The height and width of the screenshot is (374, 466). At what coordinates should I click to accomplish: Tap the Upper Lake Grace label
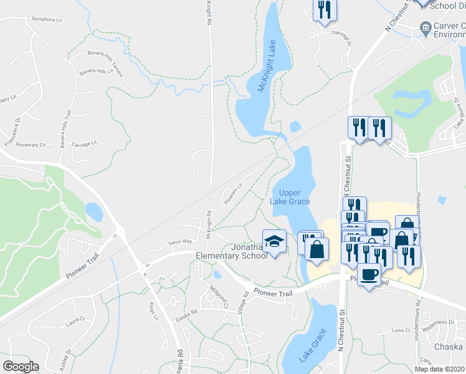coord(290,197)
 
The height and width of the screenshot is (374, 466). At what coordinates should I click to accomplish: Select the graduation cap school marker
coord(274,241)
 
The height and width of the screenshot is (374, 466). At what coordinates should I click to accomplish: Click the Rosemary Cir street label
coord(34,145)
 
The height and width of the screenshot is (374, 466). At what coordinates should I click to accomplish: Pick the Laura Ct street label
coord(74,324)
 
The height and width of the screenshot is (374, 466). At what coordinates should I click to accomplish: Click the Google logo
coord(21,367)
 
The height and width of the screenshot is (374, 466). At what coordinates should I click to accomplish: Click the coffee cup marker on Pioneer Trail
coord(369,274)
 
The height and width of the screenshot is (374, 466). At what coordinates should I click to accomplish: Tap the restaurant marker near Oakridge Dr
coord(324,9)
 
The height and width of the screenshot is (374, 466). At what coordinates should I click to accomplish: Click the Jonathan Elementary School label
coord(231,251)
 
